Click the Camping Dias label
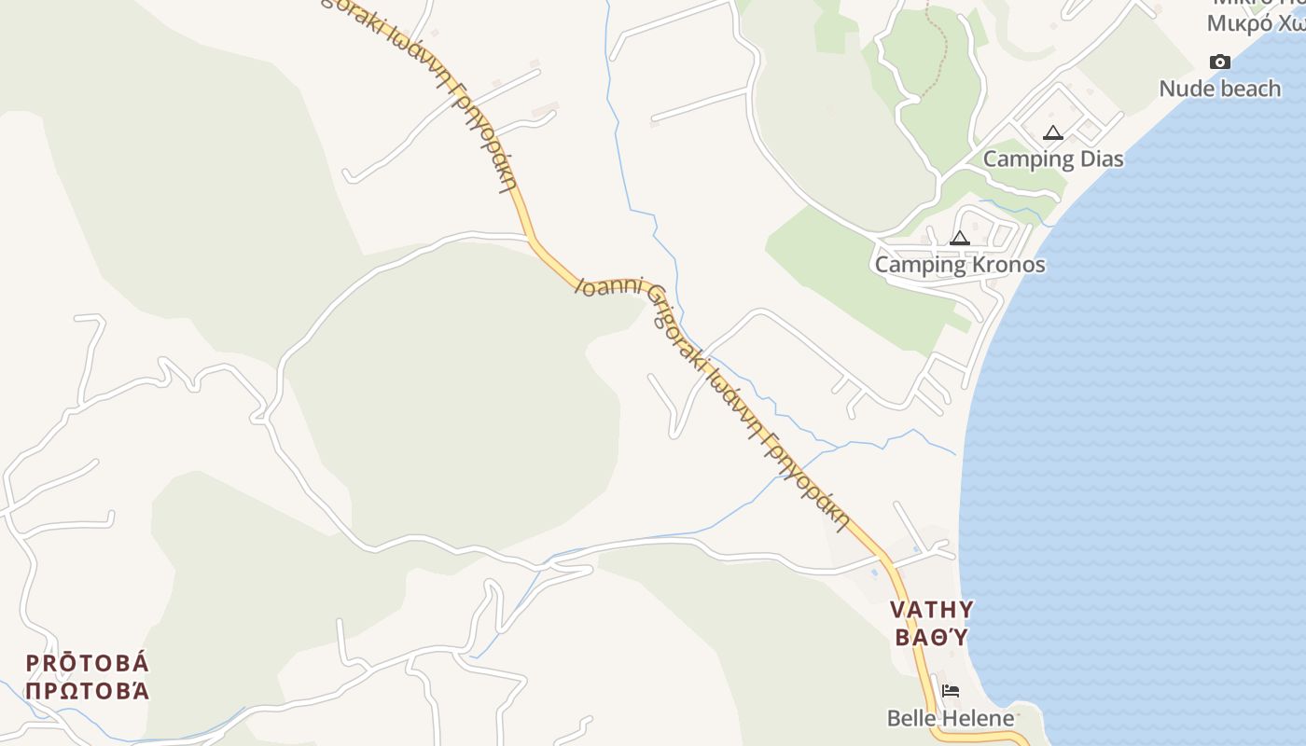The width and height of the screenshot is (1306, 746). (1053, 159)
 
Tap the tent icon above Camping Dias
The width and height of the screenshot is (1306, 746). (1053, 133)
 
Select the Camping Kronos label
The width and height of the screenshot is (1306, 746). (960, 264)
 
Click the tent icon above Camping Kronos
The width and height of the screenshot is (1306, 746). (960, 239)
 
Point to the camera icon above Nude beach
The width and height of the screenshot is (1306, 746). (1219, 62)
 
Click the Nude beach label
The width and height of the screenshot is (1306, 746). (1219, 89)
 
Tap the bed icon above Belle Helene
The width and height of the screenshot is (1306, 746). (951, 691)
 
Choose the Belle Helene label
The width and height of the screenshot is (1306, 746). (951, 718)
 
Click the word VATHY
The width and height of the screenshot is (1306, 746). (931, 610)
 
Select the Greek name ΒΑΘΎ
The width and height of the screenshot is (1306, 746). (931, 638)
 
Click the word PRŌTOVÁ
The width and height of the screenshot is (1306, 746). (87, 664)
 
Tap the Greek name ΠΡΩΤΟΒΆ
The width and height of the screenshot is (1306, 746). (87, 691)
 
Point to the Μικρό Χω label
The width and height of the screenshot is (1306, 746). (1256, 23)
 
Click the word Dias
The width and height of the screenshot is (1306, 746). (1101, 159)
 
